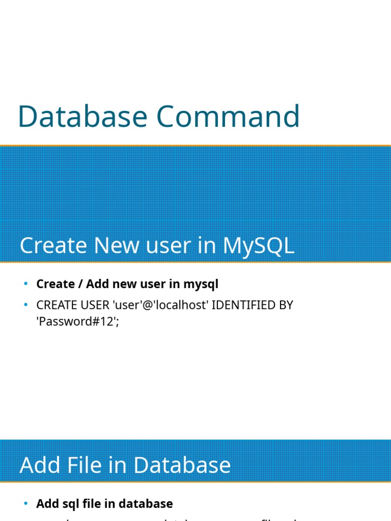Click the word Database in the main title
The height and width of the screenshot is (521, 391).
click(x=82, y=116)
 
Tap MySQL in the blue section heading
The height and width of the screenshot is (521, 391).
click(x=259, y=246)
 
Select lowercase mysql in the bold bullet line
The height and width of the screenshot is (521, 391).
click(x=201, y=284)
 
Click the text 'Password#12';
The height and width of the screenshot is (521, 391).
click(x=77, y=322)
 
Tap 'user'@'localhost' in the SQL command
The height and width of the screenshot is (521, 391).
click(x=162, y=305)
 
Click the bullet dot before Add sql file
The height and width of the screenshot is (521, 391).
click(x=26, y=503)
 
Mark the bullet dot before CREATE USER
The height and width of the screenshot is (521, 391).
click(x=26, y=305)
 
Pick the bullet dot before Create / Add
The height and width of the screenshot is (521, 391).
click(x=26, y=283)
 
